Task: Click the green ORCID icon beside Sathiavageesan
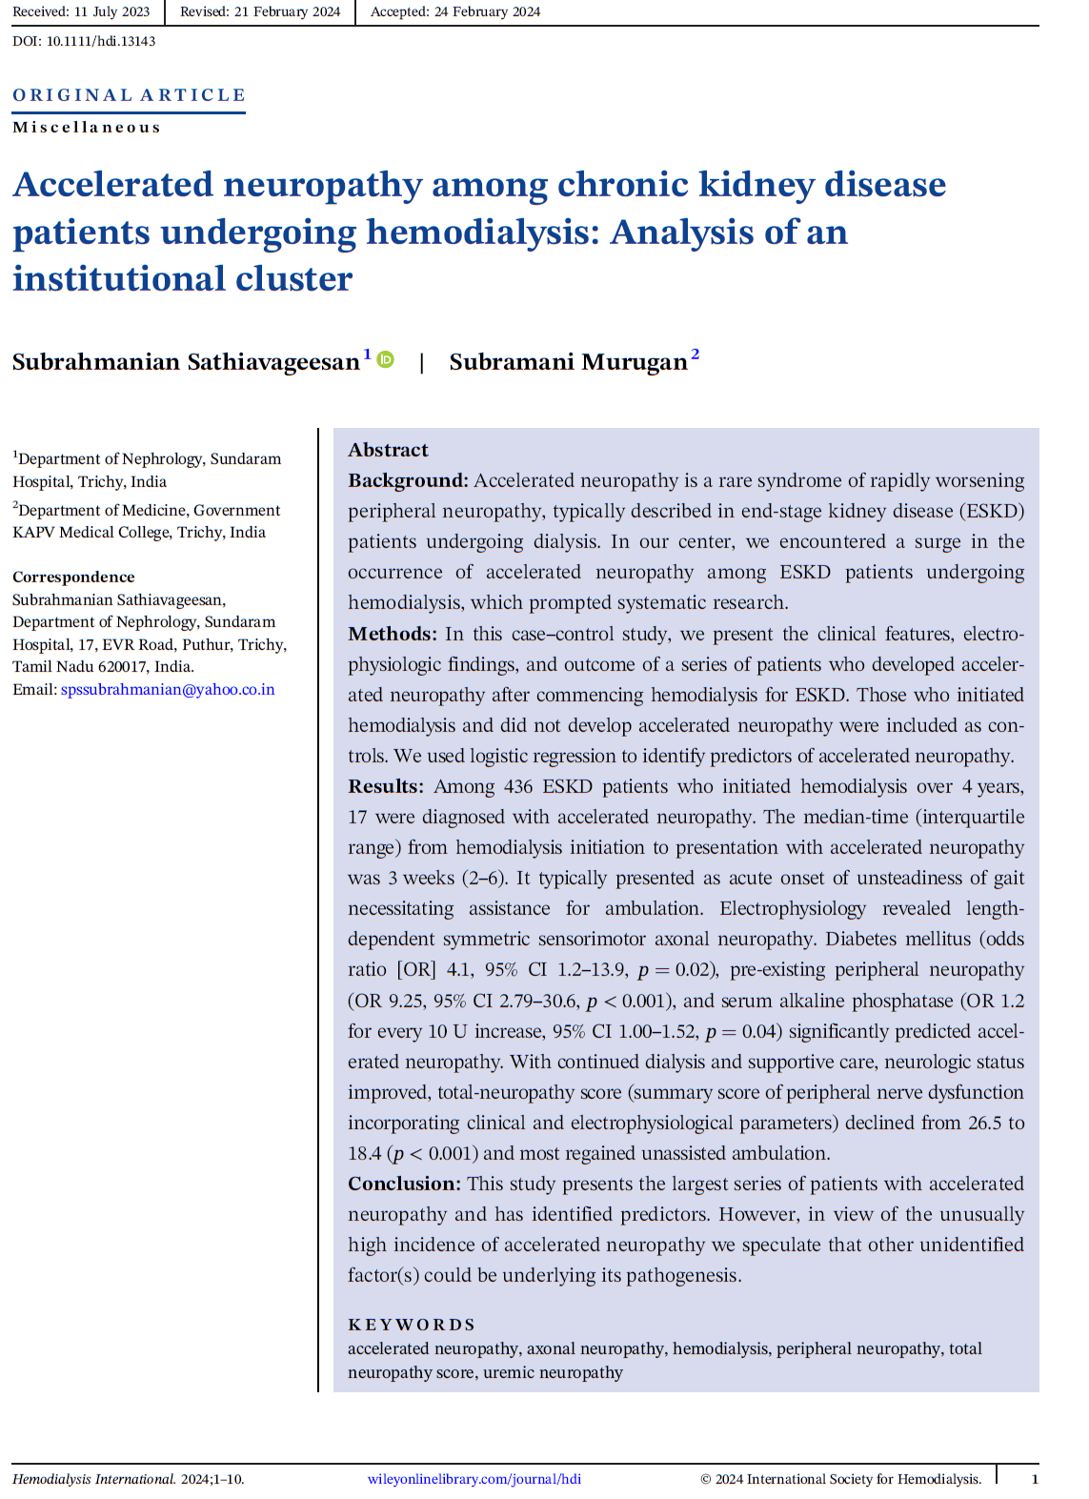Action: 386,359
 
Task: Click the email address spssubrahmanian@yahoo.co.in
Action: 168,689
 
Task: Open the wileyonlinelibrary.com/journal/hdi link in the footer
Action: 474,1479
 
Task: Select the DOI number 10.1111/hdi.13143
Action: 101,41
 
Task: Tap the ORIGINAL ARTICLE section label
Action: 129,95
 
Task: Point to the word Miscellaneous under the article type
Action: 87,128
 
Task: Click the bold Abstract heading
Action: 388,450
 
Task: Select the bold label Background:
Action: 408,480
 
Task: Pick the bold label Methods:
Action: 392,634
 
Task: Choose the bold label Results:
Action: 385,786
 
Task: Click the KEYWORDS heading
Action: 411,1325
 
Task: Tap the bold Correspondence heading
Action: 73,577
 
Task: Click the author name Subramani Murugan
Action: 568,362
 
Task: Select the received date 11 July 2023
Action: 111,12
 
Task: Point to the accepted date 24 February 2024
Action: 487,12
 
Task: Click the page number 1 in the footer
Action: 1035,1479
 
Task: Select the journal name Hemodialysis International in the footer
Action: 93,1479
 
